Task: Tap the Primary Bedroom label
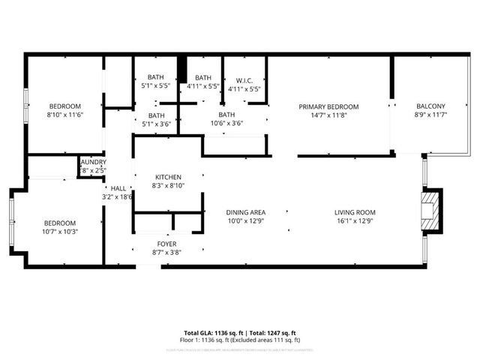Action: [x=328, y=106]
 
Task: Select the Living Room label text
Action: [x=355, y=212]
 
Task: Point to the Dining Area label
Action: [x=246, y=212]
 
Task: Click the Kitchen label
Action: [x=168, y=177]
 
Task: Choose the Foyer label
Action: [x=166, y=244]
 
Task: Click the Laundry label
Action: [x=93, y=162]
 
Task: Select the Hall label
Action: [x=118, y=188]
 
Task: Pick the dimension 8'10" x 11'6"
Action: [x=65, y=115]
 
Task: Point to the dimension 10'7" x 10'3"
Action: [x=59, y=232]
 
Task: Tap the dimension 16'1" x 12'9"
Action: [x=355, y=220]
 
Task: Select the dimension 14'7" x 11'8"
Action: [x=328, y=115]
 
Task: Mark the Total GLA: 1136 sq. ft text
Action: [x=211, y=332]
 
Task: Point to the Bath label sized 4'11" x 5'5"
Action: [x=203, y=77]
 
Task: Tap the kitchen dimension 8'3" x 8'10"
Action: [x=168, y=185]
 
